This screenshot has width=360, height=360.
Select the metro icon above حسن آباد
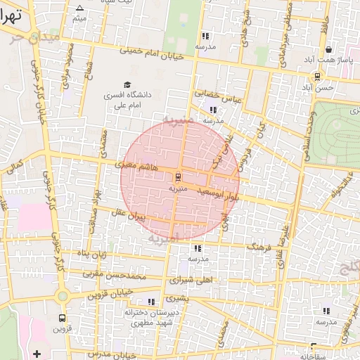click(x=318, y=76)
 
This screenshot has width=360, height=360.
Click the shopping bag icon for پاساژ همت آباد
click(x=328, y=49)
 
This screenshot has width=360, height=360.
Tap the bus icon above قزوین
click(x=63, y=317)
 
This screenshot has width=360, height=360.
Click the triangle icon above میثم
click(x=78, y=8)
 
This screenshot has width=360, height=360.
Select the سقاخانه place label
click(x=314, y=356)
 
